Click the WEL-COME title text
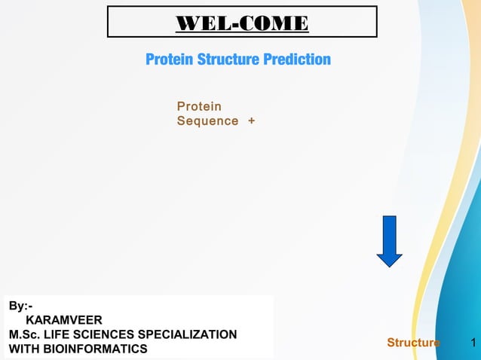click(242, 23)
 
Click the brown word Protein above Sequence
click(199, 107)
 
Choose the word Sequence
click(207, 121)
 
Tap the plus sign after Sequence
click(251, 121)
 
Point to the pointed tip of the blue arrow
click(389, 264)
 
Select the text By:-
click(20, 306)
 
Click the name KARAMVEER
click(64, 320)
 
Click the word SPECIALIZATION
click(191, 334)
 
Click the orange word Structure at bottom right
click(413, 343)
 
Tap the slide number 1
click(472, 343)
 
